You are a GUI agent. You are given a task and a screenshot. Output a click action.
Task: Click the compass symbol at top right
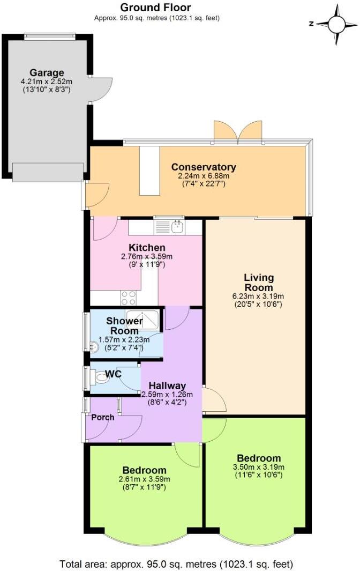coord(336,24)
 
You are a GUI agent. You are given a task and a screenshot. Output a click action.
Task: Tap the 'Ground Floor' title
coord(155,8)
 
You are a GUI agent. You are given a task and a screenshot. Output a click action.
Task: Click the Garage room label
coord(47,73)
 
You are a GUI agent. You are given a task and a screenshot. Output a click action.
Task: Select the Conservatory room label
coord(203,167)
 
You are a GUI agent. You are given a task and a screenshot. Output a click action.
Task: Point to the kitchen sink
coord(176,227)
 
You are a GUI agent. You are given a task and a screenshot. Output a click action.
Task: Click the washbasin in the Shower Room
coord(93,347)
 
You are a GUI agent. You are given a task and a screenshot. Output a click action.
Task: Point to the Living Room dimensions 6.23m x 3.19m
coord(259,296)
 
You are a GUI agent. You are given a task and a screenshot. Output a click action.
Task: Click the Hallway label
coord(167,385)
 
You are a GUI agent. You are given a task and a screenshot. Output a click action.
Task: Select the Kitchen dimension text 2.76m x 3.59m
coord(147,257)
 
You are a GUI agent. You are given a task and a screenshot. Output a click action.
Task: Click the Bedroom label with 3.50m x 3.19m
coord(259,458)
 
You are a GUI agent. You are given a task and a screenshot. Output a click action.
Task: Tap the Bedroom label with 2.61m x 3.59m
coord(144,470)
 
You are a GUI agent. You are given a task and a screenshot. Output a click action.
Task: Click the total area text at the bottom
coord(177,564)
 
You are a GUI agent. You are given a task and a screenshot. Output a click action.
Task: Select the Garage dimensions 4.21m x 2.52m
coord(47,81)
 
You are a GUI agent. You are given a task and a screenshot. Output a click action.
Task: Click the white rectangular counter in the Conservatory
coord(150,171)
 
